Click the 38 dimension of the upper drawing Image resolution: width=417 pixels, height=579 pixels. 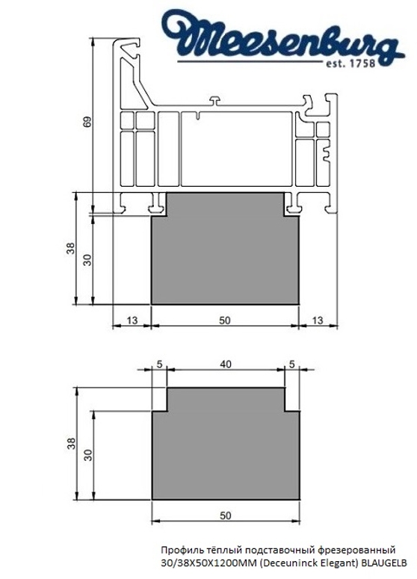69,249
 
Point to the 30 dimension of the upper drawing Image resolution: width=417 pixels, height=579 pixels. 87,259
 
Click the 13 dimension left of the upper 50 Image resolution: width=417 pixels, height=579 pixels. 132,320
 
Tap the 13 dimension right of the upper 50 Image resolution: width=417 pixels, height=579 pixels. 318,320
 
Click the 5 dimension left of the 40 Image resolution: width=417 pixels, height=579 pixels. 159,364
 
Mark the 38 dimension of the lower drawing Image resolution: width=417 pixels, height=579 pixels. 69,444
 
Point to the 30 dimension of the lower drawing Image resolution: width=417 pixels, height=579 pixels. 87,455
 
